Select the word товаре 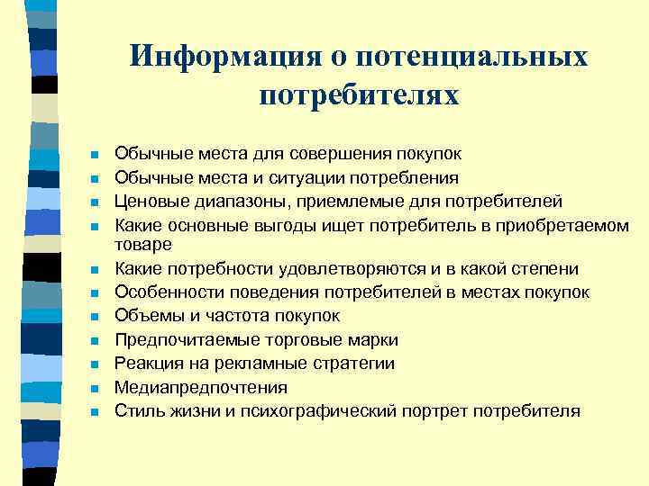143,244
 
